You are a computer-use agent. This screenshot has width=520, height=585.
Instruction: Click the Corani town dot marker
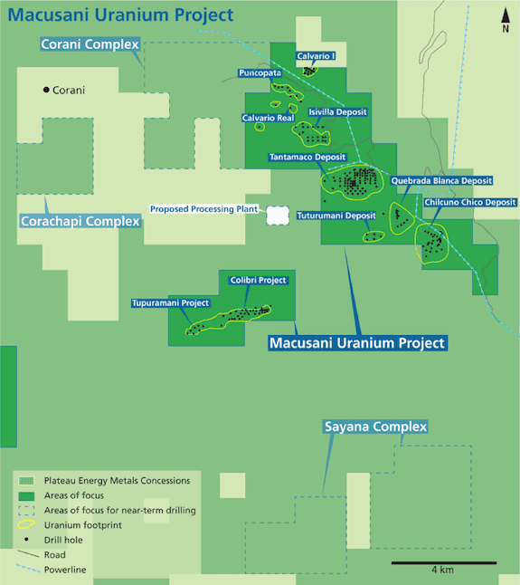[46, 90]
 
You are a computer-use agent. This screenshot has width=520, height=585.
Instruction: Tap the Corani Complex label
[90, 44]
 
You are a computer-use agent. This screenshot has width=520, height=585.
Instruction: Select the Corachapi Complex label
[80, 221]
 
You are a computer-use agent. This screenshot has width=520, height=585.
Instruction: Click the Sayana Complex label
[375, 427]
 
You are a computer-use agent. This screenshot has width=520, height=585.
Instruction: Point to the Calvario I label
[316, 56]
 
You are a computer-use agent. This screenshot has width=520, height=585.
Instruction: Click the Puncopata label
[260, 72]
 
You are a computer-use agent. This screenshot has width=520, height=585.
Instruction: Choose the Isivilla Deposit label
[337, 112]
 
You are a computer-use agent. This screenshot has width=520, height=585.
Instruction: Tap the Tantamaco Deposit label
[307, 157]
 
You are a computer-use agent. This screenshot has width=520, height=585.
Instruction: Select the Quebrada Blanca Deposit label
[441, 181]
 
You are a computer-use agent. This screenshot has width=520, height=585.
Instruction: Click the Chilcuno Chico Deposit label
[470, 202]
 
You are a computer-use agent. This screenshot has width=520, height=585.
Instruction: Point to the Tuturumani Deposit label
[336, 216]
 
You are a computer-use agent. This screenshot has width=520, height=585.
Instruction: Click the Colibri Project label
[258, 280]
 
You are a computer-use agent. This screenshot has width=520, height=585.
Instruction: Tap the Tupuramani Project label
[170, 303]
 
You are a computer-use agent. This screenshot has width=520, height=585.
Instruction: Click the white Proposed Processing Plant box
[278, 216]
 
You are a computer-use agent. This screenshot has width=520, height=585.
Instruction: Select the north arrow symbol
[506, 20]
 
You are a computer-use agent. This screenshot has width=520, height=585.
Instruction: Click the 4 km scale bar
[444, 563]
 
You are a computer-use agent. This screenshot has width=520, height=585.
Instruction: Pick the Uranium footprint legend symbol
[26, 524]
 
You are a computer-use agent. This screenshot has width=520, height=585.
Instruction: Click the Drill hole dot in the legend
[26, 540]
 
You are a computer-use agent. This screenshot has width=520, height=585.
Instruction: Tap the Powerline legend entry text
[65, 570]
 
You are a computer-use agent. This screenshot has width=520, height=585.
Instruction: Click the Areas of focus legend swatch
[26, 496]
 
